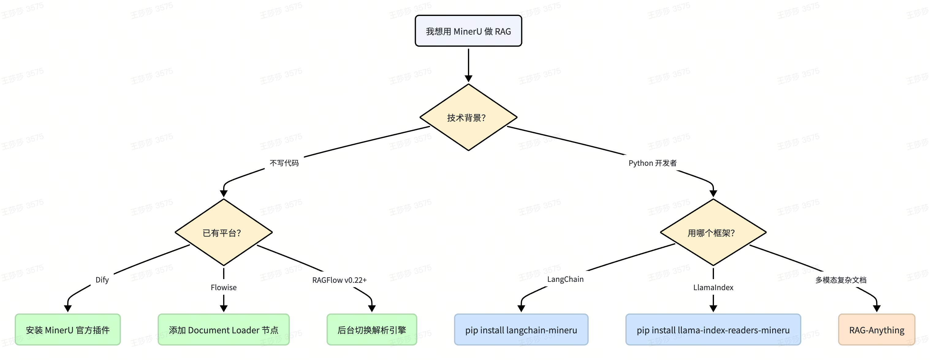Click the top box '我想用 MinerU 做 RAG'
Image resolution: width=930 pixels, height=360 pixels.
[468, 31]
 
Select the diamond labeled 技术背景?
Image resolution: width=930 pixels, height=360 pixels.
[468, 117]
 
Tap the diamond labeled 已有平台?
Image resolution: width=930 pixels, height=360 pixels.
[223, 233]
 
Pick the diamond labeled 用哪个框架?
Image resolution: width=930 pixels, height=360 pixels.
[713, 233]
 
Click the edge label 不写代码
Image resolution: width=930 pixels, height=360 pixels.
[284, 163]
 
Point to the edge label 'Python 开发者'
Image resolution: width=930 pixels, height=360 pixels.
[652, 163]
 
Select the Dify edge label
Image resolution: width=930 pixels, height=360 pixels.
[102, 280]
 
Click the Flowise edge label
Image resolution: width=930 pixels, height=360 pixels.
[223, 287]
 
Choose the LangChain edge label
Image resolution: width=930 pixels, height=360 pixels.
[565, 279]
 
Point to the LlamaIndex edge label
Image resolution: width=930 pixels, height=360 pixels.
[713, 287]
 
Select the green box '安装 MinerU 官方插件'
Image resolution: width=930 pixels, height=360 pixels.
[67, 330]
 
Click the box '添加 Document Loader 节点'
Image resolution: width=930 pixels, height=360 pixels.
[223, 330]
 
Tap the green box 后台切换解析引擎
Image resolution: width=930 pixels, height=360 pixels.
[372, 330]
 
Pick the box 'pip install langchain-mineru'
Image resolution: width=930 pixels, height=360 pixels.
[521, 330]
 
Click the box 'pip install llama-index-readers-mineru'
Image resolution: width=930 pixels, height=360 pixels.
[713, 330]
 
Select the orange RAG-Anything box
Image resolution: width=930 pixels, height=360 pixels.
[877, 330]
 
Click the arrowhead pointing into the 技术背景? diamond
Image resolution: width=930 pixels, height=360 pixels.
[468, 79]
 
